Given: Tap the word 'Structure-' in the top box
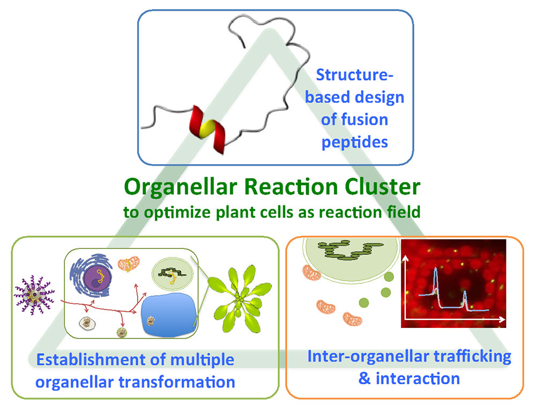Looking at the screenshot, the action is coord(354,75).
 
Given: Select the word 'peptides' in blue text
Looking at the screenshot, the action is coord(354,142).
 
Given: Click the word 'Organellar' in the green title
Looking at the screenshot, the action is coord(181,187).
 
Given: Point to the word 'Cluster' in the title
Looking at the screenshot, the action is coord(382,187).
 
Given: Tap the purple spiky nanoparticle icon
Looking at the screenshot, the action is coord(34,295).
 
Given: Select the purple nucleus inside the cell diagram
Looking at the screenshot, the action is coord(98,277).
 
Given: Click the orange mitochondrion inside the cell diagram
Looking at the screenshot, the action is coord(129,264).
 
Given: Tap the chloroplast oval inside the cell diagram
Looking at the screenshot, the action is coord(172,273).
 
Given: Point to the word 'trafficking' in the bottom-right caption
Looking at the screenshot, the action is coord(472,357).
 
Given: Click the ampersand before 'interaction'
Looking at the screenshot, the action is coord(364,378).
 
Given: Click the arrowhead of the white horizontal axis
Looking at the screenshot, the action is coord(502,319).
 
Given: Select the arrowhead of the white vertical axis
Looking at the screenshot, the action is coord(405,258).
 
